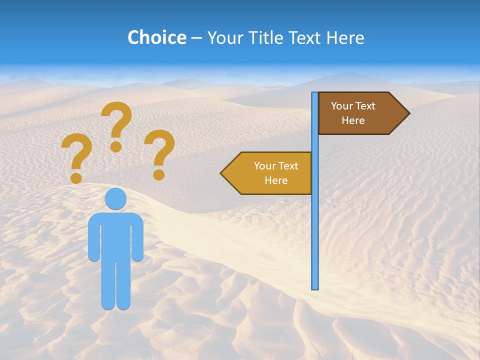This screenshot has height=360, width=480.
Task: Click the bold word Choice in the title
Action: click(x=157, y=37)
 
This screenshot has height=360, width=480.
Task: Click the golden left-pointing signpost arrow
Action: click(x=267, y=173)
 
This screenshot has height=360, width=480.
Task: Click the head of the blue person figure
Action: click(x=115, y=198)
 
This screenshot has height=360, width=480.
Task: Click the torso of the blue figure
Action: click(x=115, y=235)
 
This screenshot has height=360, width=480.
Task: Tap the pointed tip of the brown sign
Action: click(x=408, y=113)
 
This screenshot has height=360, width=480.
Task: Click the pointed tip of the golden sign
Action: click(x=222, y=173)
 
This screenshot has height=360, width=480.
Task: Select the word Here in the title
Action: click(x=345, y=37)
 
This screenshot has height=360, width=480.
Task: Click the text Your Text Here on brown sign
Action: click(x=353, y=113)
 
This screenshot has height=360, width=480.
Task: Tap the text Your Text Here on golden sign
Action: click(x=276, y=173)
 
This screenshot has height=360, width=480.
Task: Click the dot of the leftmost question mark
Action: click(x=76, y=177)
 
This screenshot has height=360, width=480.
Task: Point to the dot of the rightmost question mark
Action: click(x=159, y=174)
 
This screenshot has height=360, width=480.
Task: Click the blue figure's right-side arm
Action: click(x=137, y=237)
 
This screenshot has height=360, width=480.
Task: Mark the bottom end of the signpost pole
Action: click(x=315, y=287)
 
